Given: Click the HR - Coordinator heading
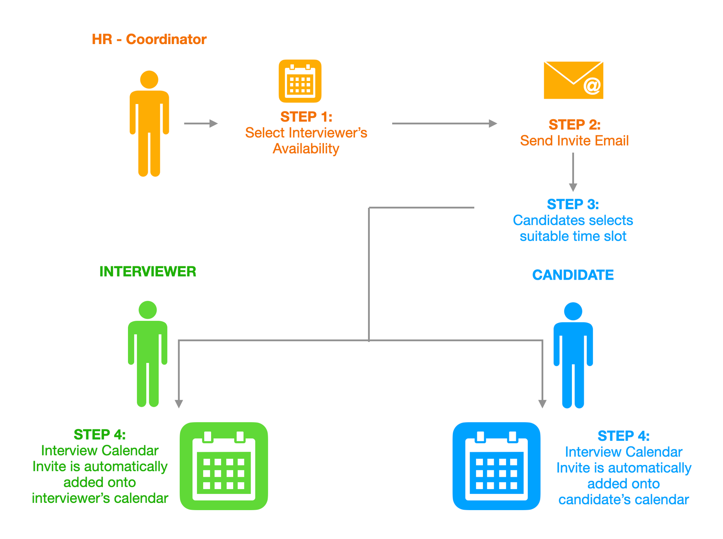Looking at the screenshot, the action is click(149, 39).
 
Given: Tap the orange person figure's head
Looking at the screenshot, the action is click(149, 79).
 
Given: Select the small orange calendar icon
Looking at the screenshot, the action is click(300, 81).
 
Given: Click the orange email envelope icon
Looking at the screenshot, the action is click(573, 80).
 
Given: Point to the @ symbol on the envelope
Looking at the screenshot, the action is click(592, 86).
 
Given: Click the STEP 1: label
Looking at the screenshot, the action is click(306, 117).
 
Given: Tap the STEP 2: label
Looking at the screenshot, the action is click(574, 125).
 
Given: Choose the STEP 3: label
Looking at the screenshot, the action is click(573, 204).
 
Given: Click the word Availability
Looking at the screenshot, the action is click(306, 149).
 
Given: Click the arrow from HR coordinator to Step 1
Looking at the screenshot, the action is click(201, 124).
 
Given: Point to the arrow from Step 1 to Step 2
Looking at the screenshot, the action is click(445, 124).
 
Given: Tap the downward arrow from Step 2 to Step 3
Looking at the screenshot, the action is click(573, 172).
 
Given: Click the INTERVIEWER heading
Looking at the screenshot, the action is click(148, 271).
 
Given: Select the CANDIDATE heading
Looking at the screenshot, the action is click(573, 275).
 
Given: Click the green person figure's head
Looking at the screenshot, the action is click(147, 310).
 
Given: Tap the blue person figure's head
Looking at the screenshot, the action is click(573, 311).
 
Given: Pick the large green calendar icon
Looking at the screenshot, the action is click(224, 466).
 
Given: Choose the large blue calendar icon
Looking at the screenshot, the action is click(496, 466).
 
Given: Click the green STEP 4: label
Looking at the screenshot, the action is click(100, 435).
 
